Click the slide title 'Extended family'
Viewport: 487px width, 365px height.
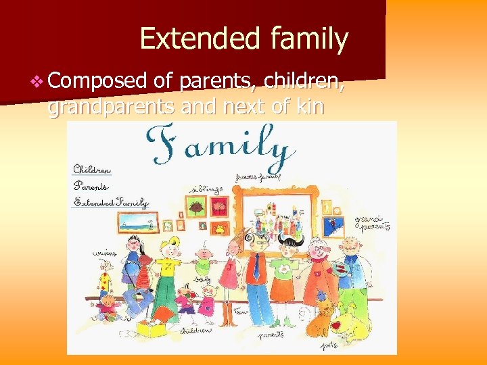[243, 39]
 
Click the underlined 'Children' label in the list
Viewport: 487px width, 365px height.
[92, 170]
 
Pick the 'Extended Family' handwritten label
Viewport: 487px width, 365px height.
[111, 201]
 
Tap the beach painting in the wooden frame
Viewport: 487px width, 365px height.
[133, 222]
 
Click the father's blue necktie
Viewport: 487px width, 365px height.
[257, 267]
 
